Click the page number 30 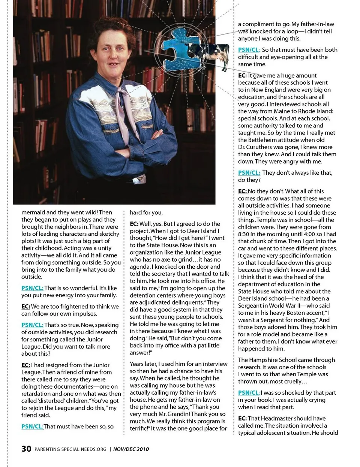click(x=26, y=449)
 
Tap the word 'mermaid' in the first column click(x=33, y=212)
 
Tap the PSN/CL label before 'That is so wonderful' click(x=32, y=288)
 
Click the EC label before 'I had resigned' click(x=25, y=365)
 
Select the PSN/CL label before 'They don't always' click(x=249, y=173)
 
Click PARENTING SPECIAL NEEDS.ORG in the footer click(x=70, y=449)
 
